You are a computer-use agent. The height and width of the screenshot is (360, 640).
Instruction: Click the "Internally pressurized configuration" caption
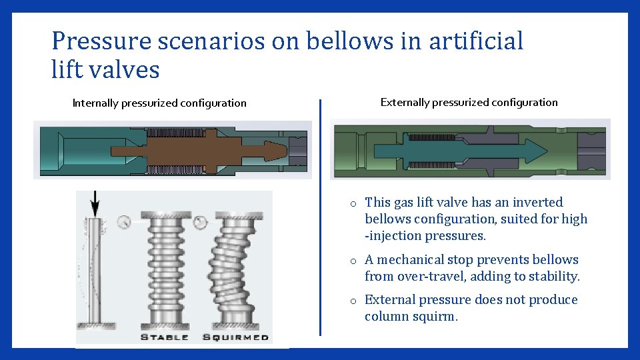pos(159,103)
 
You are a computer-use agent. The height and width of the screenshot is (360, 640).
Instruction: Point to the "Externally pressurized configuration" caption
pos(469,103)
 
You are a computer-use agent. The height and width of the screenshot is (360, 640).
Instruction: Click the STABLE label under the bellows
pos(164,337)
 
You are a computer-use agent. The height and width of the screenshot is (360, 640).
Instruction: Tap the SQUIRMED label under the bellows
pos(235,337)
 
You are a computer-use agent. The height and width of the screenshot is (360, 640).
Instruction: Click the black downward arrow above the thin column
pos(95,203)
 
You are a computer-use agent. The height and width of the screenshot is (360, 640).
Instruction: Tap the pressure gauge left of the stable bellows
pos(123,222)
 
